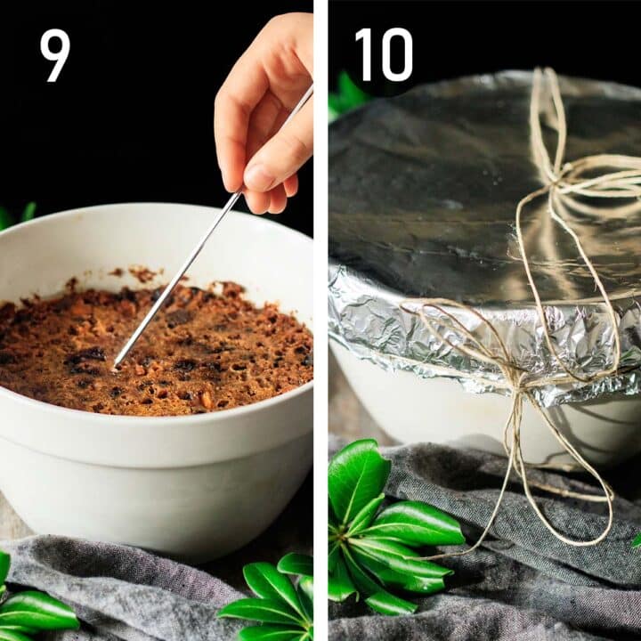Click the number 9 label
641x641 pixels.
(54, 54)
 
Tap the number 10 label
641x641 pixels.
(383, 54)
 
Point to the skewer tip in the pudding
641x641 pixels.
(116, 366)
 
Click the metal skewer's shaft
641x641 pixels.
(178, 276)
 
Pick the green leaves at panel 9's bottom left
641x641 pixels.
(31, 610)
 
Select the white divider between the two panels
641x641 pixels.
(320, 320)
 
